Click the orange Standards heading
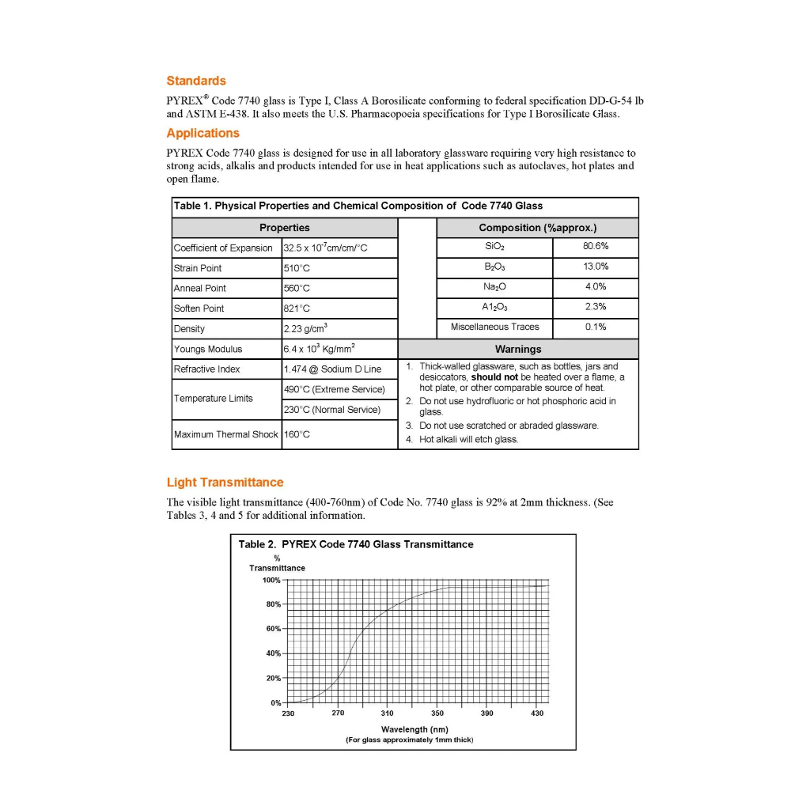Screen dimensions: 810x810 (x=196, y=81)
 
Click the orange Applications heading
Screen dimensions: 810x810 (x=202, y=133)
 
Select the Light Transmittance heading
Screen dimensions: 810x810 (x=225, y=483)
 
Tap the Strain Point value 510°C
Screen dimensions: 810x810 (x=297, y=268)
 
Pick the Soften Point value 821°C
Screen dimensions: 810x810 (x=297, y=308)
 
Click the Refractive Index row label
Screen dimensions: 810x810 (x=208, y=369)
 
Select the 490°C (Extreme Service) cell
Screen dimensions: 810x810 (x=334, y=389)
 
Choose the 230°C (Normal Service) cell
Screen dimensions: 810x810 (x=332, y=410)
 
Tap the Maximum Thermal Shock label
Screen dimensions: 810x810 (x=226, y=434)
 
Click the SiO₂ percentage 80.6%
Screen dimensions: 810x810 (x=596, y=247)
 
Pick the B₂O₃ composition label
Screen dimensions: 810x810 (x=494, y=267)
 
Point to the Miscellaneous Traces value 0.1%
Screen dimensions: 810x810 (x=596, y=327)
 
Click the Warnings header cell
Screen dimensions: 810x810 (x=518, y=349)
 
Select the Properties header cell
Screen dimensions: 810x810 (x=285, y=227)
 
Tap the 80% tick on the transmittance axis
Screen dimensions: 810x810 (x=273, y=604)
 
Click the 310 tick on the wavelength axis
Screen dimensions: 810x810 (x=388, y=713)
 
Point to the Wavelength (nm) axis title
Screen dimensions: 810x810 (x=414, y=729)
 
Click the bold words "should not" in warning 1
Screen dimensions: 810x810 (x=494, y=377)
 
